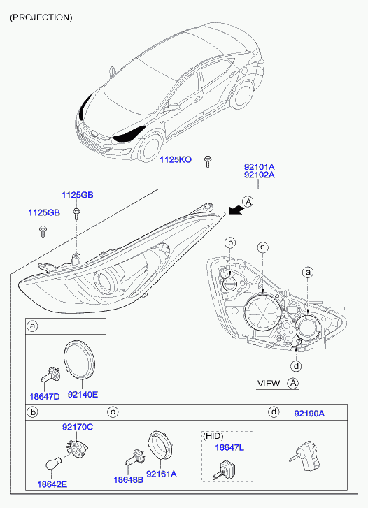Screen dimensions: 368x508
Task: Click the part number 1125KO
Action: [175, 159]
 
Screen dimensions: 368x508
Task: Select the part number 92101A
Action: [260, 167]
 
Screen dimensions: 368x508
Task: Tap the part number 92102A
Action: [260, 175]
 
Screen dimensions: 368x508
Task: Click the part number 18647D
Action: [45, 396]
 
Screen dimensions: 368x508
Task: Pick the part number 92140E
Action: [83, 395]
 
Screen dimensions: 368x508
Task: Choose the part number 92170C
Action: [78, 427]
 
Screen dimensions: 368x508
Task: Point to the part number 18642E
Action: [52, 484]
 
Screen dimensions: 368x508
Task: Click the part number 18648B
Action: [128, 479]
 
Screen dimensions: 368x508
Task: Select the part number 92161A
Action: [162, 474]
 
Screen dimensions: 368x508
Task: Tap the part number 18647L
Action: [229, 447]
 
